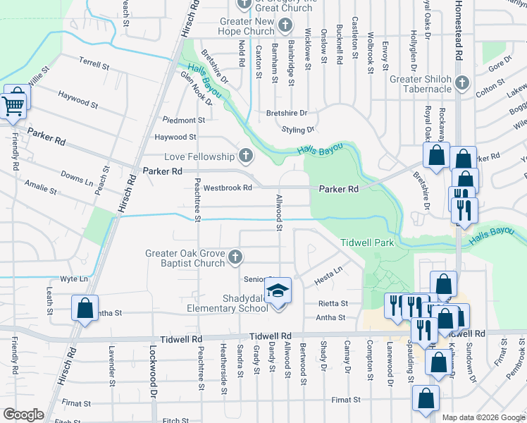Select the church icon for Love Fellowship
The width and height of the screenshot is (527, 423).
(246, 155)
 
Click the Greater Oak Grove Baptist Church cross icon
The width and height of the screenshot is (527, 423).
(236, 259)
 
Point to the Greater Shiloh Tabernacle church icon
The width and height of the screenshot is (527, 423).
(461, 83)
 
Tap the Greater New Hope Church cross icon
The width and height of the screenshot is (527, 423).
(285, 26)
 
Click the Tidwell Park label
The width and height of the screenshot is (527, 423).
(366, 242)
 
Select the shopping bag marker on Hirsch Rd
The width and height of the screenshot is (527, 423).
(85, 308)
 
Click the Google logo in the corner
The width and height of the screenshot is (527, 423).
(24, 414)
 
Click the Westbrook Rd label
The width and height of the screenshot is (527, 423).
(228, 188)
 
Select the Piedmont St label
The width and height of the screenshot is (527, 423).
(183, 120)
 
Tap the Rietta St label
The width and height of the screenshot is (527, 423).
(334, 303)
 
